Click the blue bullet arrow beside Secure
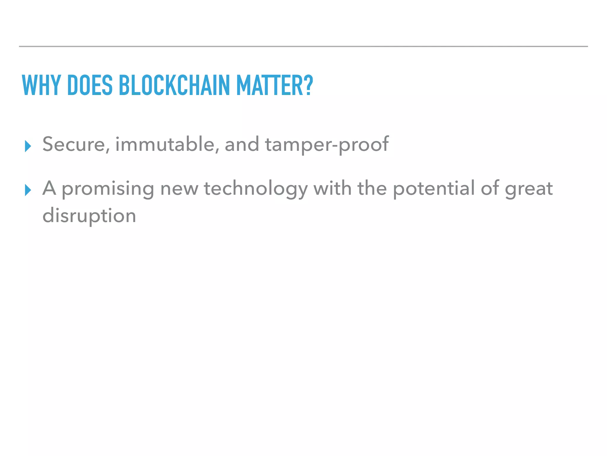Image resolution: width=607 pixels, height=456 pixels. (28, 146)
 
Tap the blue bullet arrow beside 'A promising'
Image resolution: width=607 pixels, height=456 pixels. (28, 190)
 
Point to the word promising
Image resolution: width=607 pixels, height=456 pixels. (108, 189)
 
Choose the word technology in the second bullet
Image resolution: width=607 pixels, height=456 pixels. (256, 189)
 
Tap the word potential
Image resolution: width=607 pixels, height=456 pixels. (434, 189)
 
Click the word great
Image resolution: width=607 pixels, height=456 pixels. (529, 189)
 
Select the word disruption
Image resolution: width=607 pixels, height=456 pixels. (89, 216)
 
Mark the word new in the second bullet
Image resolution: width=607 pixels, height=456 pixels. (179, 189)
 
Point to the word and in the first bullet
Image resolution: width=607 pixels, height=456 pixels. (242, 145)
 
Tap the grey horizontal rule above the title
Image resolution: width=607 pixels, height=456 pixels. (303, 47)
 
